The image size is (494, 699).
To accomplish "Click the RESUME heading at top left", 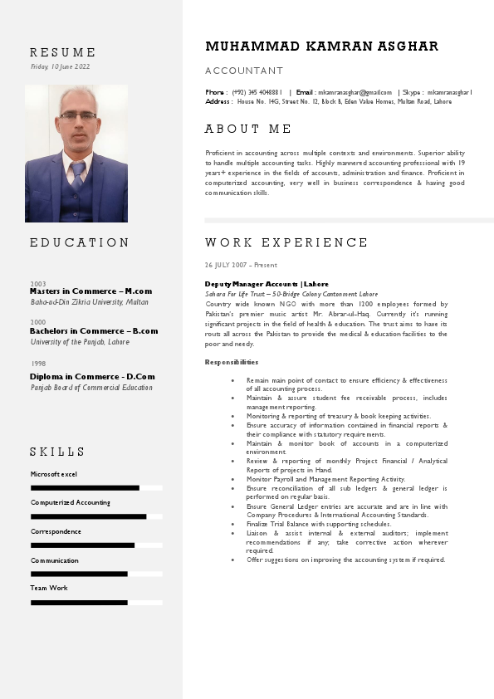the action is [63, 52].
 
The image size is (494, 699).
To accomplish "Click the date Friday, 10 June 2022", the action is [60, 66].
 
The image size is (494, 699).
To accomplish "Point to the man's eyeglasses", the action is [77, 115].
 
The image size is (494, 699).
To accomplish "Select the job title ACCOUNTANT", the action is [244, 71].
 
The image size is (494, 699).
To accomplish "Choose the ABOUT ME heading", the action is [248, 129].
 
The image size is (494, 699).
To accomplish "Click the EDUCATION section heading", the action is [80, 242].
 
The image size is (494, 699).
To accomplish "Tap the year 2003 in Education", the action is [38, 284].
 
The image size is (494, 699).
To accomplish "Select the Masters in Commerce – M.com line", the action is [90, 291].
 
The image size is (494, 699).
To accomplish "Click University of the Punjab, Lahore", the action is [80, 341].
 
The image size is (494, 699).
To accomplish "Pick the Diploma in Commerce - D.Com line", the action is [92, 377].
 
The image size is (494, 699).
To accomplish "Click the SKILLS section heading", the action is [57, 452].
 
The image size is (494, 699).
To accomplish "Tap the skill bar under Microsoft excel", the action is [85, 488].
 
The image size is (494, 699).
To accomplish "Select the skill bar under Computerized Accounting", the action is [88, 516].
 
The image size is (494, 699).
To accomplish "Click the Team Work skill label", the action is [49, 588].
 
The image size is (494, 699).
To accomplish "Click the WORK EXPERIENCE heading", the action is [286, 242].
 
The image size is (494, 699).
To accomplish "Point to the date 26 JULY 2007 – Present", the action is [241, 265].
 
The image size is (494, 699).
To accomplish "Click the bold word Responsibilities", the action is [232, 362].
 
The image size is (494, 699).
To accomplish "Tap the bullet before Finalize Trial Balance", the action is [233, 524].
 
